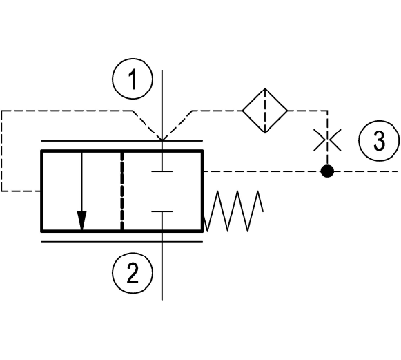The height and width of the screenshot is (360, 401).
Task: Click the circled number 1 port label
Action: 133,79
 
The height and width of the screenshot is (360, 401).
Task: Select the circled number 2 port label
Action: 133,273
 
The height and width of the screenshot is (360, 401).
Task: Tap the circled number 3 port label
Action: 379,140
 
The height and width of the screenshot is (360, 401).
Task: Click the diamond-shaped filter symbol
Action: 265,111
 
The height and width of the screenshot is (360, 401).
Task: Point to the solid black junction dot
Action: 327,171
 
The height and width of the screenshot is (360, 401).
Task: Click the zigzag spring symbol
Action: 233,211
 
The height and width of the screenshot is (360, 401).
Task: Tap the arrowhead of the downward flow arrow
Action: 82,220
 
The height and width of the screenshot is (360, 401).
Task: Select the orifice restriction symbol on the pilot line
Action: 327,140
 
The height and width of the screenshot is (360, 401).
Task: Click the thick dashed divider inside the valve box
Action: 122,191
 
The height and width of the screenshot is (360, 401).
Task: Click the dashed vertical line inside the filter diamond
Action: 265,111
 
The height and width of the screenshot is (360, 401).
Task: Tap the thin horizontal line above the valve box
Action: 122,141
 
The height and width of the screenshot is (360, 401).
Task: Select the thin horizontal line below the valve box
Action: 122,241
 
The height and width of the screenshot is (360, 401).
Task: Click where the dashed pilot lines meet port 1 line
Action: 162,140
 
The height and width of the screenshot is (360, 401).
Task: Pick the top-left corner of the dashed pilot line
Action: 1,111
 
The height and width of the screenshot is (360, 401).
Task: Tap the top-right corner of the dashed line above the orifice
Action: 327,111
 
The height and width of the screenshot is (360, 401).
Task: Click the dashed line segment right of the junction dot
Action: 366,171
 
